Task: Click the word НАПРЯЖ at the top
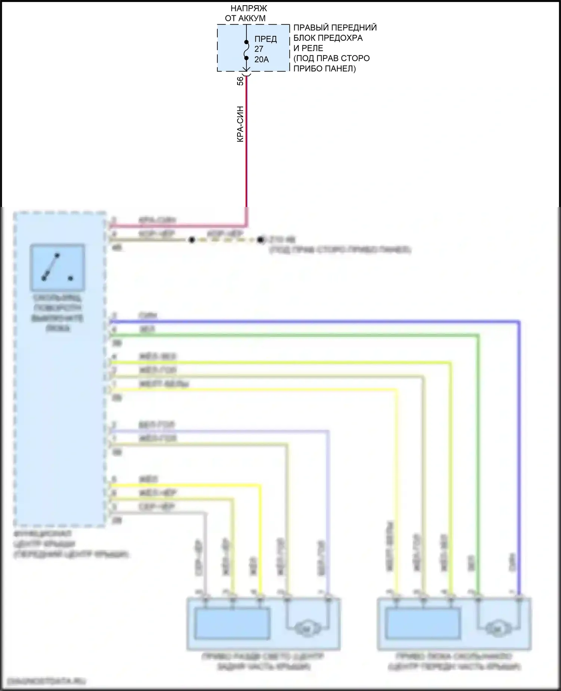pos(249,8)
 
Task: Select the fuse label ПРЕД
pos(266,39)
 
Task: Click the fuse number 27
pos(259,49)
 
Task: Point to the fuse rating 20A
pos(261,59)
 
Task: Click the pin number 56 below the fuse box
pos(240,81)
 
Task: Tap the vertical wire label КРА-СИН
pos(240,124)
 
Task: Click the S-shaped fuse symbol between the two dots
pos(246,50)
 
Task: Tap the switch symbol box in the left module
pos(58,268)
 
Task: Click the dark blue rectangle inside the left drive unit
pos(232,623)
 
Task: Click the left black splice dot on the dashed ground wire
pos(192,240)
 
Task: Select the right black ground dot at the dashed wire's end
pos(261,240)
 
